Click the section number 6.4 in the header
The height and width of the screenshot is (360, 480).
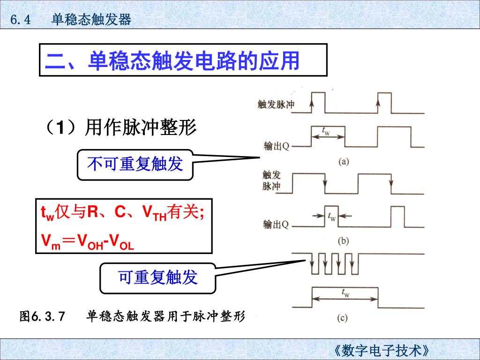click(x=20, y=19)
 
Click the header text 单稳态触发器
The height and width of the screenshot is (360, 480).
click(x=91, y=19)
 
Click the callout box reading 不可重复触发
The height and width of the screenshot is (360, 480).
click(x=135, y=164)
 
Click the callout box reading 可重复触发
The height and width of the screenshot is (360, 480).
click(x=158, y=277)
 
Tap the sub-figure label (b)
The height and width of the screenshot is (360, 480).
click(x=344, y=241)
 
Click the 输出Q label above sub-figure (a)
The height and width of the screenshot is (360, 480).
click(x=276, y=146)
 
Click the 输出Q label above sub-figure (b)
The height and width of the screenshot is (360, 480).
click(x=276, y=225)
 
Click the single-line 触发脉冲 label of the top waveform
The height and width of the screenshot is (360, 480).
click(x=276, y=104)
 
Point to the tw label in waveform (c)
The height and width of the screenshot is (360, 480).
click(x=345, y=293)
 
